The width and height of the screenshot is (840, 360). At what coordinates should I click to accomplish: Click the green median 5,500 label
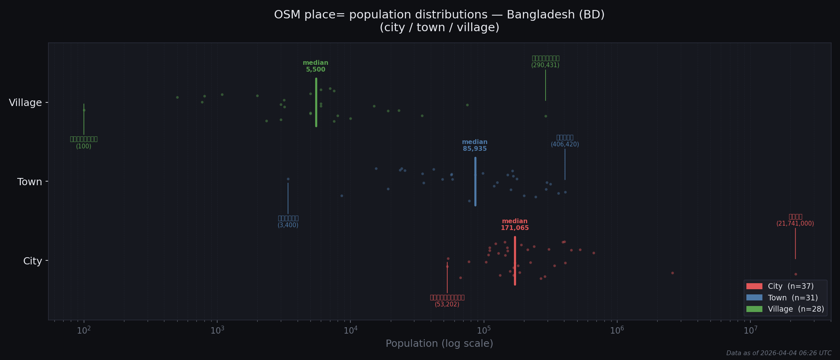click(316, 66)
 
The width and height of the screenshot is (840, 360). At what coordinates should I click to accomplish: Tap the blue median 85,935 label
click(475, 146)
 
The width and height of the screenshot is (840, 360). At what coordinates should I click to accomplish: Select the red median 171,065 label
click(515, 225)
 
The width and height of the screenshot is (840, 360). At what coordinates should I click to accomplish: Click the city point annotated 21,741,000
click(796, 274)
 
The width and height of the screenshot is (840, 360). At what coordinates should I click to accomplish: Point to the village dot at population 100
click(84, 110)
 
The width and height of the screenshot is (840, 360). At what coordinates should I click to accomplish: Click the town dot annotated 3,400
click(288, 179)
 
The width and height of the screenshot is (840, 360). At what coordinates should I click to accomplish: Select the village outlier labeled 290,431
click(546, 116)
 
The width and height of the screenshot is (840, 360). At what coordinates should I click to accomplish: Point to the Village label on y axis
click(26, 103)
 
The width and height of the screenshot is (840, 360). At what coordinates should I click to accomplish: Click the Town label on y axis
click(30, 182)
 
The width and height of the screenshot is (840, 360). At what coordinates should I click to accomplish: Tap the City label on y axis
click(33, 261)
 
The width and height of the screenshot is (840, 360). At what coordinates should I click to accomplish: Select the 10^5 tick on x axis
click(484, 331)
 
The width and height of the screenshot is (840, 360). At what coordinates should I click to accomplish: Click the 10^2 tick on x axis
click(84, 331)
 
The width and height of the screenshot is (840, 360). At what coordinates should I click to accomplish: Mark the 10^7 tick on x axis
click(751, 331)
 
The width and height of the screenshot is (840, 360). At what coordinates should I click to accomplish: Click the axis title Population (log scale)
click(439, 344)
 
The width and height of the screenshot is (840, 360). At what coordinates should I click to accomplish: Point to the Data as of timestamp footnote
click(779, 353)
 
